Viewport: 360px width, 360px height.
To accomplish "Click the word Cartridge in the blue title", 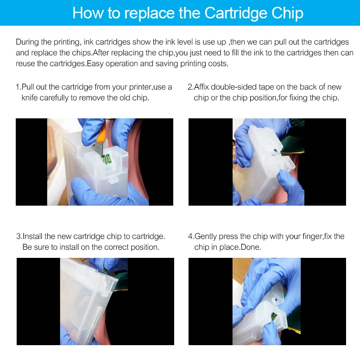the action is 236,13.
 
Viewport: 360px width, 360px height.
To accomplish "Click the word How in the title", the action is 88,13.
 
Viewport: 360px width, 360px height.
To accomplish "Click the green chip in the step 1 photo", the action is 106,159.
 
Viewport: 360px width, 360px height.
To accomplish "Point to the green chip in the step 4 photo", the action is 274,317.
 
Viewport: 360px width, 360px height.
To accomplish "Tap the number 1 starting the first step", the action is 18,87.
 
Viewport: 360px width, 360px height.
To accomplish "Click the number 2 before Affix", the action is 190,87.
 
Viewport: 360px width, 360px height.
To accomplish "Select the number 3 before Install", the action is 18,236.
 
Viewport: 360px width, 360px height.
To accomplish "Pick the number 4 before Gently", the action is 190,236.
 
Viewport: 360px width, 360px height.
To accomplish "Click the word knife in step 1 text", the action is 30,98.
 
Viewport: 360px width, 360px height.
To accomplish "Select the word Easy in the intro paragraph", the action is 95,63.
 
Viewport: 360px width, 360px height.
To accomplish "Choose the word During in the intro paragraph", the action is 27,42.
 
